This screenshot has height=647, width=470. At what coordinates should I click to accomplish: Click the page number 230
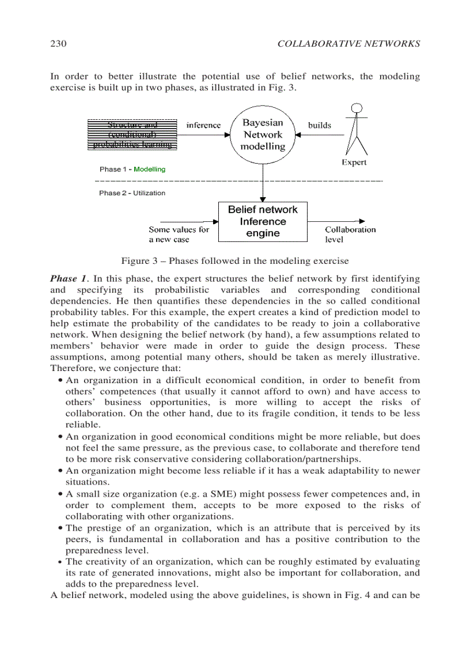[59, 44]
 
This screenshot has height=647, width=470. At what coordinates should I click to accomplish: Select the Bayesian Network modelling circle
[263, 135]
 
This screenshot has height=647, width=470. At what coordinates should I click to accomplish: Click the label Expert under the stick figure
[354, 162]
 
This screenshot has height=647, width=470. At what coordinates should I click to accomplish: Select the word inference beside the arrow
[203, 125]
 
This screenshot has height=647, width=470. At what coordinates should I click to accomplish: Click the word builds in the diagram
[320, 125]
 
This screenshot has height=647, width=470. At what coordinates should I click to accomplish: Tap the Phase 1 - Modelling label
[132, 169]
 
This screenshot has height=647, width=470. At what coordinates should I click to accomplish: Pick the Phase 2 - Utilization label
[132, 193]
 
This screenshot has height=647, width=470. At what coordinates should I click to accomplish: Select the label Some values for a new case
[179, 234]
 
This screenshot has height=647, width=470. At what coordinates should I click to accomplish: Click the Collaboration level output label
[350, 234]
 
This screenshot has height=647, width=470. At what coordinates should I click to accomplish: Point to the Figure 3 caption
[234, 260]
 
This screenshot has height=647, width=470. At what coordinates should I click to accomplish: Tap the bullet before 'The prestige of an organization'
[61, 528]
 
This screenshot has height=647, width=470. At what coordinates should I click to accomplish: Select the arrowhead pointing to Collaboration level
[362, 221]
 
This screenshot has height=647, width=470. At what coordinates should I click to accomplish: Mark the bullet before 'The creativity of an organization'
[61, 562]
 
